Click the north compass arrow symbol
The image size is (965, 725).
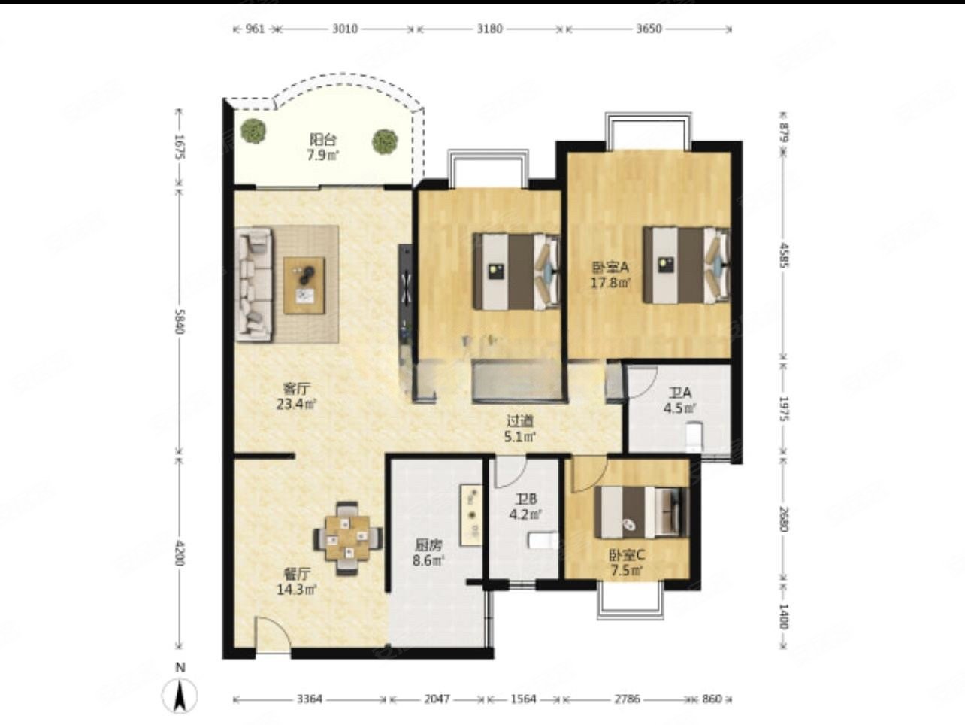[x=180, y=696]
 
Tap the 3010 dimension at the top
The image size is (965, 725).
[x=345, y=29]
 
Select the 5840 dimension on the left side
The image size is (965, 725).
[x=180, y=322]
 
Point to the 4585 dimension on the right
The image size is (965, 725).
[x=783, y=255]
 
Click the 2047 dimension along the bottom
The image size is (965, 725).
[x=437, y=699]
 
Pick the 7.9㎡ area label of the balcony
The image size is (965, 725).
[x=323, y=155]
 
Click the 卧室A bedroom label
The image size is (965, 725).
[x=611, y=267]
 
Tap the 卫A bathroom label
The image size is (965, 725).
[x=680, y=393]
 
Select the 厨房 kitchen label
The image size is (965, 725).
[x=428, y=545]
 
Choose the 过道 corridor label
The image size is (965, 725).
[x=519, y=421]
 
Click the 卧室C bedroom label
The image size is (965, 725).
[x=627, y=555]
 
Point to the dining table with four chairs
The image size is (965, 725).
[x=347, y=538]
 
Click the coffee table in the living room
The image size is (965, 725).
[x=304, y=286]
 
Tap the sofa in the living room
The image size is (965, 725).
[x=254, y=284]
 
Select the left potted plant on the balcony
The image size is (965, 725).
[x=254, y=131]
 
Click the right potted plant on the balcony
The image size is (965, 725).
[x=385, y=141]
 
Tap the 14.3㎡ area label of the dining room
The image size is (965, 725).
[x=297, y=590]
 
